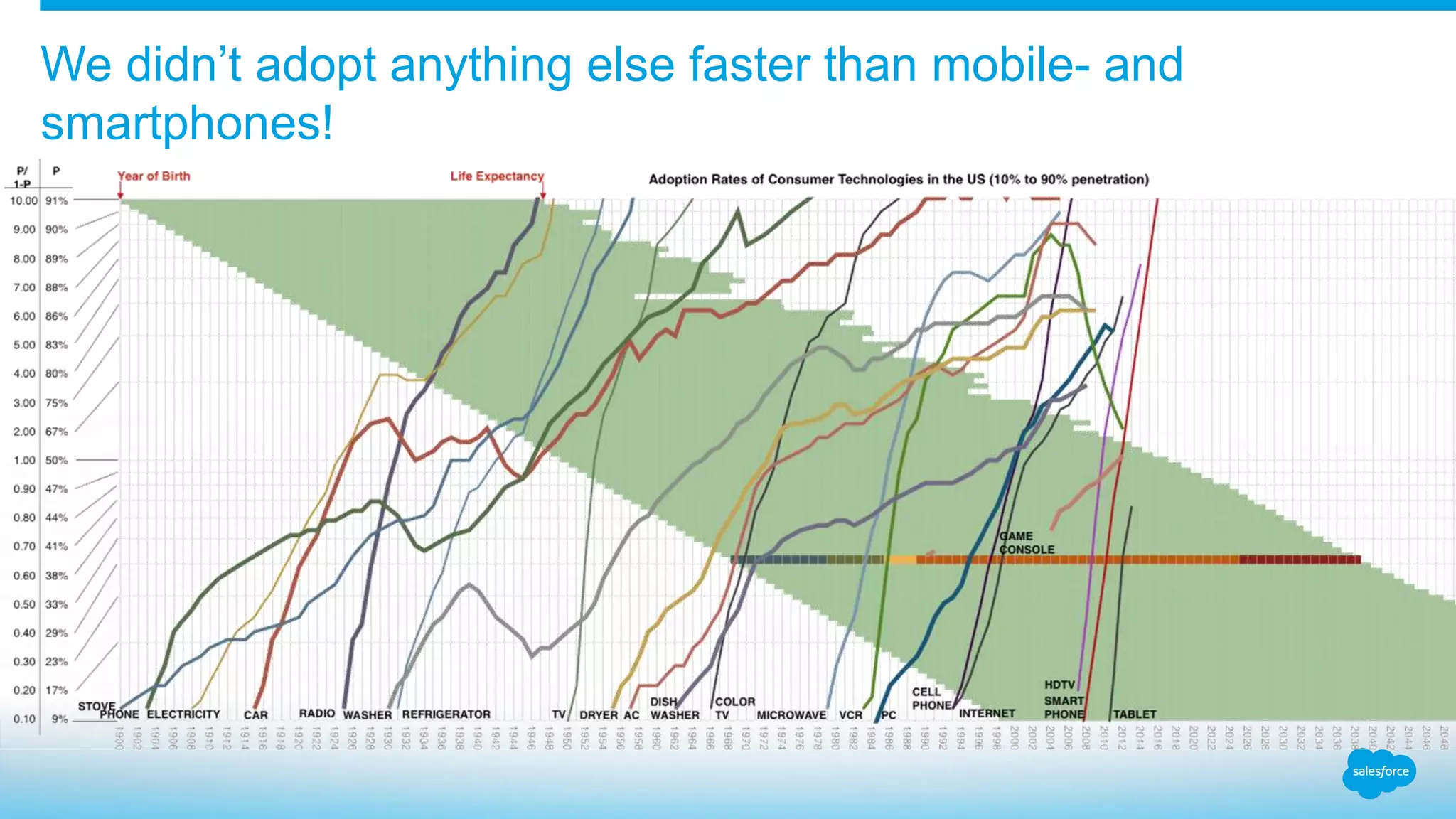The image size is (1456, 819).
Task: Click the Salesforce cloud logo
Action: (1379, 772)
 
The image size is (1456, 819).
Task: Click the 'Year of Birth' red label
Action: (154, 176)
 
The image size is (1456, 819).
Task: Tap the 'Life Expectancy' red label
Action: (496, 176)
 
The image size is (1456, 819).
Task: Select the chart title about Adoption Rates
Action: (898, 179)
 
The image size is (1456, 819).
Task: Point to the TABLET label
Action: (1135, 714)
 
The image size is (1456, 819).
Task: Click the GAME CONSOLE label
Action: (1026, 543)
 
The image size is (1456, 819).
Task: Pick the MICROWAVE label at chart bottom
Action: (791, 714)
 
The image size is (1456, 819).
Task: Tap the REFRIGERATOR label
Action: (446, 714)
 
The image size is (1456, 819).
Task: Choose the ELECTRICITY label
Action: (183, 714)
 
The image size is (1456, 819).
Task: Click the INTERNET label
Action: (987, 713)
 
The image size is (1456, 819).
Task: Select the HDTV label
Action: (1059, 685)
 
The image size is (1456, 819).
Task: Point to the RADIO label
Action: (316, 713)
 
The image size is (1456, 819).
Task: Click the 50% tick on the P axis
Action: (57, 460)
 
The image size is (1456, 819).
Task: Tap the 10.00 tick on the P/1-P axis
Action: (23, 200)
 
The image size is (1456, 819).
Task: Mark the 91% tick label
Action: (57, 200)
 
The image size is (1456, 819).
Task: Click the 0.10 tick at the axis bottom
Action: (24, 719)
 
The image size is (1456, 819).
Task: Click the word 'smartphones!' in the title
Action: (186, 122)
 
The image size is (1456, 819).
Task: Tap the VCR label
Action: (850, 714)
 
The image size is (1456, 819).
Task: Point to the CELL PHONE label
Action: (931, 698)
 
